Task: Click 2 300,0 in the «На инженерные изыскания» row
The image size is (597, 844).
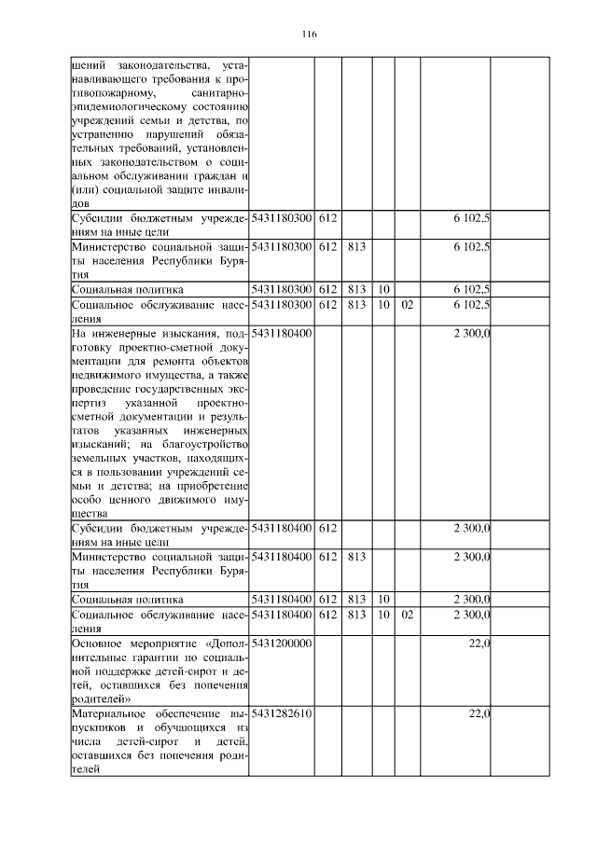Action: (472, 333)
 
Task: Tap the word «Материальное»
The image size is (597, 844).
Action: (108, 713)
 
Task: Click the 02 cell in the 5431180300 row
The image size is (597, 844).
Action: (407, 304)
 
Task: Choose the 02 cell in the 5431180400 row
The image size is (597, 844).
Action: (407, 615)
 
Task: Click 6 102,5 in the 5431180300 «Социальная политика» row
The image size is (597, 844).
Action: (472, 290)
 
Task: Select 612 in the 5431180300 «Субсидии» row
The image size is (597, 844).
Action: (326, 218)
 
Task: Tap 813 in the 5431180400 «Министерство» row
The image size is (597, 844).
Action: (355, 557)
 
